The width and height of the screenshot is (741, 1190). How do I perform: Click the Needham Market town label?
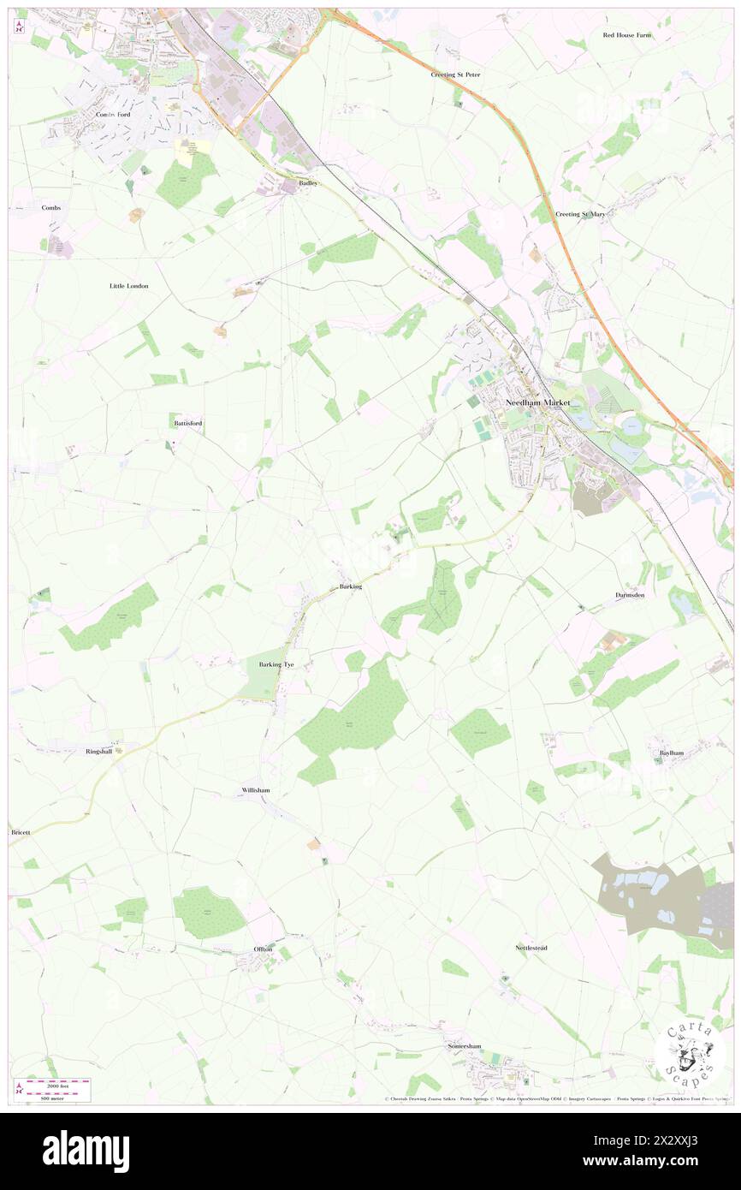click(537, 402)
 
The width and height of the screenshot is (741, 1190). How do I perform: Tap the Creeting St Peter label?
click(456, 74)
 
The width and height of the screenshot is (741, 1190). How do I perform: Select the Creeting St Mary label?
click(580, 214)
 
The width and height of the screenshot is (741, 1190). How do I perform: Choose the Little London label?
click(129, 285)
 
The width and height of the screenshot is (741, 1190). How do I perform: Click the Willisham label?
click(256, 790)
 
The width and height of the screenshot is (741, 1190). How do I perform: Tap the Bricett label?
click(20, 831)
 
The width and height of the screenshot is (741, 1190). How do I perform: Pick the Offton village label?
click(263, 949)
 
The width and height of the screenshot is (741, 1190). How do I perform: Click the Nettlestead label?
click(531, 948)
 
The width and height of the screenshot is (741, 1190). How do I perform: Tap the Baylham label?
click(672, 753)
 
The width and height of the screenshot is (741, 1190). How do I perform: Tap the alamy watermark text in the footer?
click(86, 1151)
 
